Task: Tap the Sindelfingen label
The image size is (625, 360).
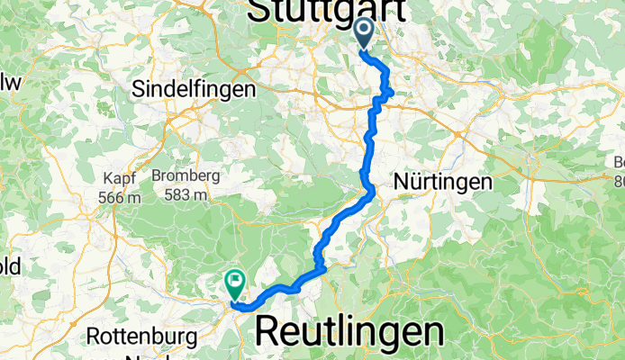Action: [194, 89]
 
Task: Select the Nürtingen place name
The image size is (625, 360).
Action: [443, 182]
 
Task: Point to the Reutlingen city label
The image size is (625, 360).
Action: [349, 331]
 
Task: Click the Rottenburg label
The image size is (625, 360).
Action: [144, 337]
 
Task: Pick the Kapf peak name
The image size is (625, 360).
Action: [120, 176]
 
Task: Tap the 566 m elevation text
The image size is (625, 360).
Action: [121, 196]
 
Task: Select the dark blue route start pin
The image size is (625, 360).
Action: [365, 34]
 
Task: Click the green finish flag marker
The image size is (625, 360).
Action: [236, 284]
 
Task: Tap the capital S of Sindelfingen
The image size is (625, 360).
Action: [138, 89]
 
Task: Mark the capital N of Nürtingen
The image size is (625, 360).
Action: [401, 182]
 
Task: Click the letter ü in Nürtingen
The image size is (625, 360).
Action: [414, 182]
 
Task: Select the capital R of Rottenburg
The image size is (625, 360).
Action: [95, 337]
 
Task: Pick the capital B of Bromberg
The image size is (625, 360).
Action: [156, 175]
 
